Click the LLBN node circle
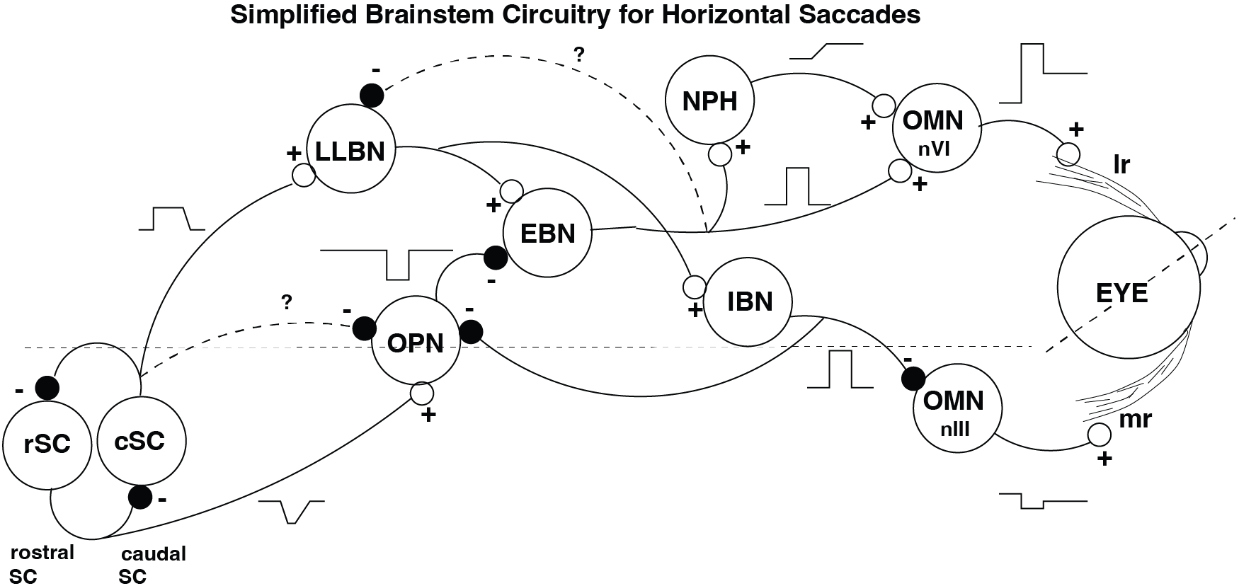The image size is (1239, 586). (x=350, y=150)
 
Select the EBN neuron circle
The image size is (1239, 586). (x=547, y=233)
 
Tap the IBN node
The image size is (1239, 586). (x=749, y=301)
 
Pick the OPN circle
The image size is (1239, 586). (x=416, y=343)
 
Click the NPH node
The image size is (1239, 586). (x=709, y=100)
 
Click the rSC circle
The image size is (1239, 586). (x=47, y=444)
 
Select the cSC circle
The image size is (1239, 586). (x=141, y=440)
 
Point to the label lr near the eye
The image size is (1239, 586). (x=1121, y=165)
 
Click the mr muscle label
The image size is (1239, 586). (x=1135, y=419)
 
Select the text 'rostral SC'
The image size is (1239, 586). (x=41, y=564)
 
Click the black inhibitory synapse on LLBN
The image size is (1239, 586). (x=372, y=95)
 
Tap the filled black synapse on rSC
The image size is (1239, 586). (x=47, y=387)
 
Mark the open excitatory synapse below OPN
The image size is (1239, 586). (x=422, y=392)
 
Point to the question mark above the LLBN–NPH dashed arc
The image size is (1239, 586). (x=579, y=55)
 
